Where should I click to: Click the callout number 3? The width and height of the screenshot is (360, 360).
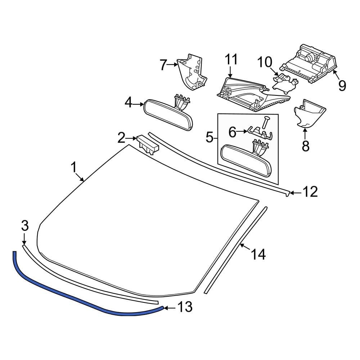(x=24, y=226)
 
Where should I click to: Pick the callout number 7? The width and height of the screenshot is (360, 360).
(x=163, y=65)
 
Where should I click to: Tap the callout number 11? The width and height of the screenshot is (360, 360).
(x=231, y=59)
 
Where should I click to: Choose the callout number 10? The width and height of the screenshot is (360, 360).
(x=265, y=62)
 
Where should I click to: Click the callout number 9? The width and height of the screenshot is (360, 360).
(x=342, y=85)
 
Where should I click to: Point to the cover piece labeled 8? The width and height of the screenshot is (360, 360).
(x=310, y=113)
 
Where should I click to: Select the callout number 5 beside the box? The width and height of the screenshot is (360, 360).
(x=210, y=137)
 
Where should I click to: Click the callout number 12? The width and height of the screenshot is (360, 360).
(x=310, y=192)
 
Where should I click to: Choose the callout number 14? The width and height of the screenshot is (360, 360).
(x=259, y=255)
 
